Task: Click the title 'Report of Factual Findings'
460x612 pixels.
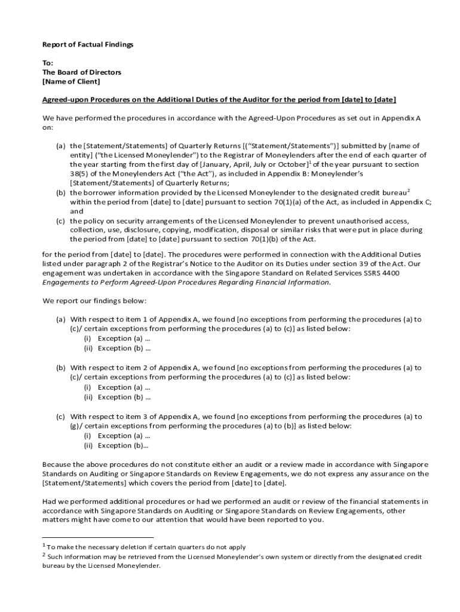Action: click(x=87, y=45)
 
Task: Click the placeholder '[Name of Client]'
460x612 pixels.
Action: click(x=71, y=81)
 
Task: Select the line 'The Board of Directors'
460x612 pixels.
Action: click(x=81, y=72)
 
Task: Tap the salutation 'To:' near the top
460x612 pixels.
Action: click(x=48, y=63)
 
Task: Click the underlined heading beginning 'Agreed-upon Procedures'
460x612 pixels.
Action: click(x=219, y=99)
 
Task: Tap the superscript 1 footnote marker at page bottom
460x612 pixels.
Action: click(x=44, y=545)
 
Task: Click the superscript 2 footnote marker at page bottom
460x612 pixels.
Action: click(x=44, y=555)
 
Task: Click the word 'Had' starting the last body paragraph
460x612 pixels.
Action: click(x=49, y=501)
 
